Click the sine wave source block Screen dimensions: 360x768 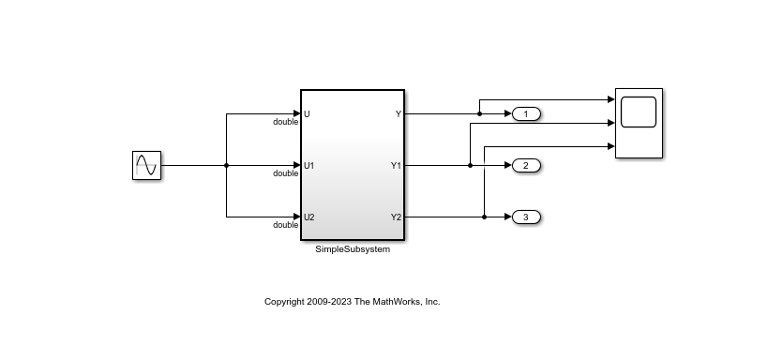tap(146, 166)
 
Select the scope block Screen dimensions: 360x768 tap(639, 123)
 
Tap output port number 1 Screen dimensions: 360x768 tap(526, 114)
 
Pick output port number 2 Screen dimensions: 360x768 tap(526, 166)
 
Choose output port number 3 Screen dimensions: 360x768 tap(526, 217)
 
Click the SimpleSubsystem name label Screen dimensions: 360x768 tap(353, 249)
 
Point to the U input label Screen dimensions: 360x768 tap(307, 114)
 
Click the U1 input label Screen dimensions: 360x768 tap(309, 166)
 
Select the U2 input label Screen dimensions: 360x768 tap(309, 217)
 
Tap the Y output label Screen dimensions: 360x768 tap(398, 114)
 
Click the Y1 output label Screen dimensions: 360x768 tap(396, 166)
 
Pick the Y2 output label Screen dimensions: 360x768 tap(396, 217)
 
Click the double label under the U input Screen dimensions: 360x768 tap(285, 123)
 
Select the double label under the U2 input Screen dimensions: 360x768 tap(285, 226)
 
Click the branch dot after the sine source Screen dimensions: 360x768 tap(227, 166)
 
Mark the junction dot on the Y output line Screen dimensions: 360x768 tap(479, 114)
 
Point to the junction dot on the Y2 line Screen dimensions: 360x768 tap(484, 217)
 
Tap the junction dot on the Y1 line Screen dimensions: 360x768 tap(470, 166)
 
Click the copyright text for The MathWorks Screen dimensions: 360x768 tap(352, 302)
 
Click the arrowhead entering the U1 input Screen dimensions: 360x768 tap(295, 166)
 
